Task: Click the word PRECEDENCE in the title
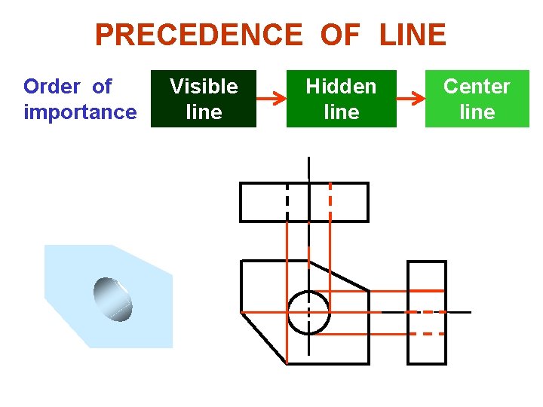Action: point(198,35)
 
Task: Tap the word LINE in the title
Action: point(413,35)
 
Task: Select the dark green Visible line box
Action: point(204,99)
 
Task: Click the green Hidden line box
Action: point(341,99)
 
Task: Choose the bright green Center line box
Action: point(477,99)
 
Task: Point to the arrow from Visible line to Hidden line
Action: point(271,98)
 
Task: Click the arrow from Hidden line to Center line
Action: point(410,98)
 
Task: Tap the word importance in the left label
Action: point(80,112)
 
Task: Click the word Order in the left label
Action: point(51,87)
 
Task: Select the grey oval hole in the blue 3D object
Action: point(113,298)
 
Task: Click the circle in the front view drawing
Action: point(308,312)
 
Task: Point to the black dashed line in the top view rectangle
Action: point(287,202)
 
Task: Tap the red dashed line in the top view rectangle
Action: point(330,202)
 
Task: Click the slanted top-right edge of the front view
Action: point(339,275)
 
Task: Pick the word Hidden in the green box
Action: point(341,87)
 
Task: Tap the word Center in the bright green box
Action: point(477,87)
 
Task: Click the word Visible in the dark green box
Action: point(204,87)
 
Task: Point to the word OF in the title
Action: point(340,35)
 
